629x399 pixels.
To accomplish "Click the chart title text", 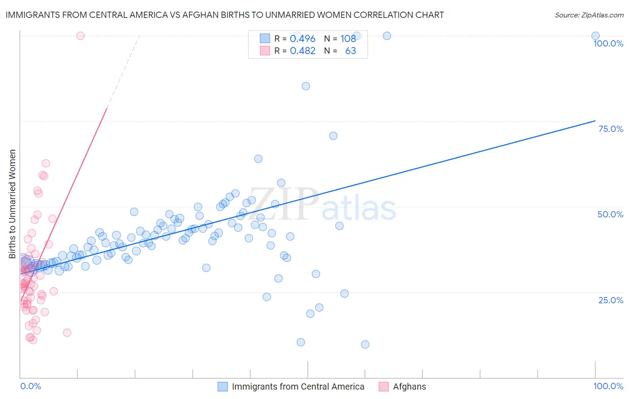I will [225, 15].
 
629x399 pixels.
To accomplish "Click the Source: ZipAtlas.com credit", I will [589, 15].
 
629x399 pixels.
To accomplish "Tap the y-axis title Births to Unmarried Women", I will [12, 204].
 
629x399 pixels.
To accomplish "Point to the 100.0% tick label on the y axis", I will [608, 43].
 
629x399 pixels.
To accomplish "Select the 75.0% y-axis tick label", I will [611, 129].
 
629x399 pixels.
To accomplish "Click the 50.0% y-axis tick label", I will [610, 214].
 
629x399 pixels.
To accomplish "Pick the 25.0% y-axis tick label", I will [611, 300].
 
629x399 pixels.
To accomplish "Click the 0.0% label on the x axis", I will [30, 386].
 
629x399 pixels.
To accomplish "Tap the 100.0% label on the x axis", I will [608, 386].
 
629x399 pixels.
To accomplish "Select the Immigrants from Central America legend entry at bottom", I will [298, 386].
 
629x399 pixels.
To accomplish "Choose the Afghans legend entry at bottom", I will [409, 386].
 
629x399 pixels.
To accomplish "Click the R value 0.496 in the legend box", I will [302, 39].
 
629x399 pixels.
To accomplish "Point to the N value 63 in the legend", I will [350, 51].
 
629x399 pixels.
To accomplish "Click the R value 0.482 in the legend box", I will [302, 51].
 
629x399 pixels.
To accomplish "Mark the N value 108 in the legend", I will [348, 39].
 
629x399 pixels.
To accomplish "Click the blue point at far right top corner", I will [595, 36].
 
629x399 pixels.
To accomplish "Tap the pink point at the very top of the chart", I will [81, 36].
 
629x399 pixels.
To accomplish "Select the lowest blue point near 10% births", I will [365, 344].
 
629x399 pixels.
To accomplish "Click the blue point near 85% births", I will [306, 86].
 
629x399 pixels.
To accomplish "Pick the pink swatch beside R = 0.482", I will [265, 51].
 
